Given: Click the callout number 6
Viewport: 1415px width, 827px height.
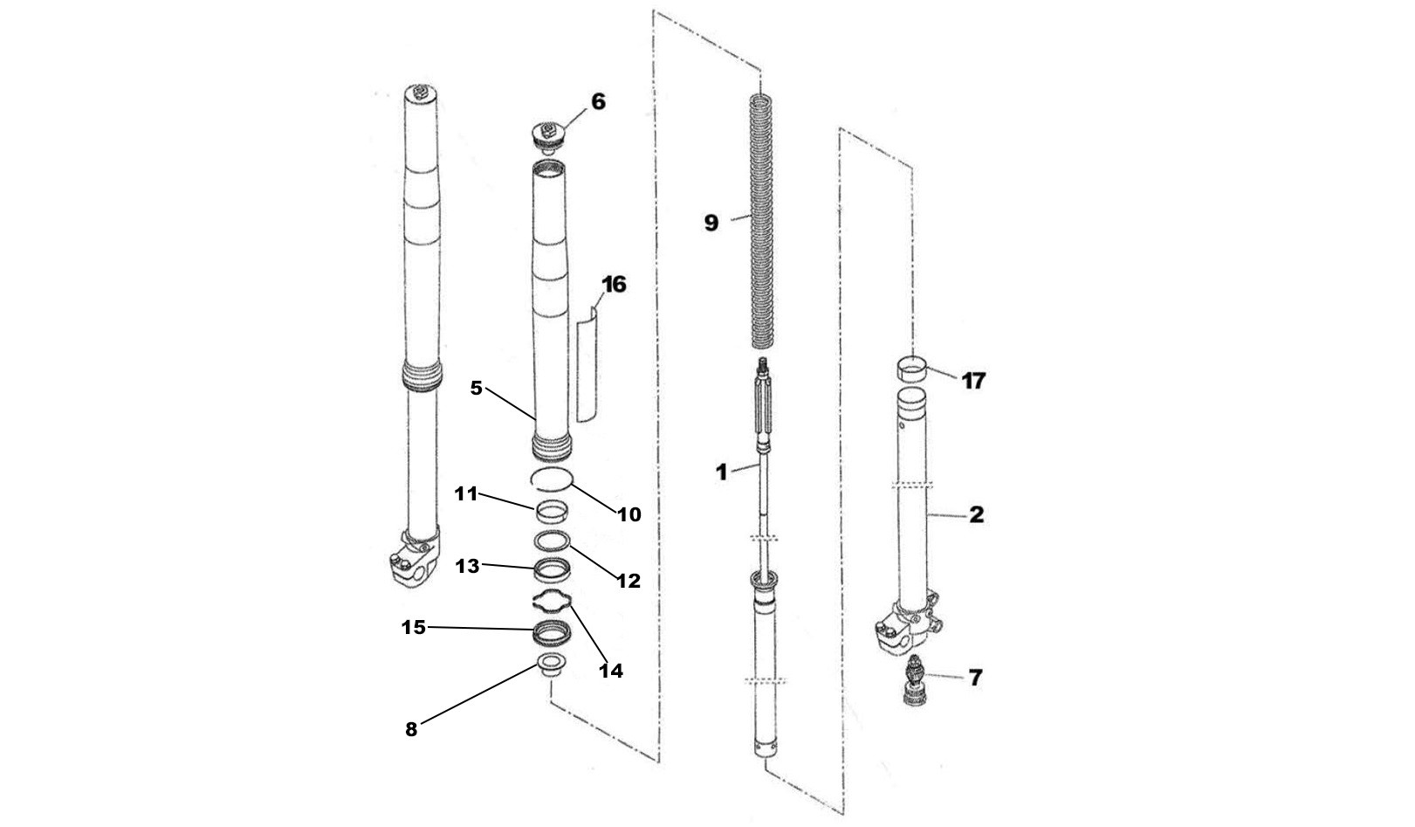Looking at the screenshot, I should [x=598, y=102].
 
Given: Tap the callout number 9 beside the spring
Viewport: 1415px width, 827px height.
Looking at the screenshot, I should [x=711, y=224].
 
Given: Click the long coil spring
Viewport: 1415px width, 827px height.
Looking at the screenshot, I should [x=763, y=218].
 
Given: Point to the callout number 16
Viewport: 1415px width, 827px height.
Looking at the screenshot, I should [x=614, y=285].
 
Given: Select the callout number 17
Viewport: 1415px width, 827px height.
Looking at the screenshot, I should [x=973, y=381].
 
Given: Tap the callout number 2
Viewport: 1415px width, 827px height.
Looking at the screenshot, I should [x=976, y=515].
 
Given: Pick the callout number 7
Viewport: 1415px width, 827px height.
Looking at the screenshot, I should [x=975, y=677].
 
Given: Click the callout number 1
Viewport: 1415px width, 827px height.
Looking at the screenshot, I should [x=721, y=473].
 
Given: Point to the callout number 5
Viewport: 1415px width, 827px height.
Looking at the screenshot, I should [x=477, y=388].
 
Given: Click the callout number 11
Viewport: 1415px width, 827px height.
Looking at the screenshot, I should [x=466, y=494].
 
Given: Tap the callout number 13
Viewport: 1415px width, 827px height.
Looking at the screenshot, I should [x=467, y=566].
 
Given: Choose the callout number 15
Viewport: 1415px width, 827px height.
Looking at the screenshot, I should [x=413, y=627].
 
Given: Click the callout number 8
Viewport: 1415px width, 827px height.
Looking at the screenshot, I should [x=411, y=730].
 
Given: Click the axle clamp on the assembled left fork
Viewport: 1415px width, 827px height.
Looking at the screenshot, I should [x=411, y=559].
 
